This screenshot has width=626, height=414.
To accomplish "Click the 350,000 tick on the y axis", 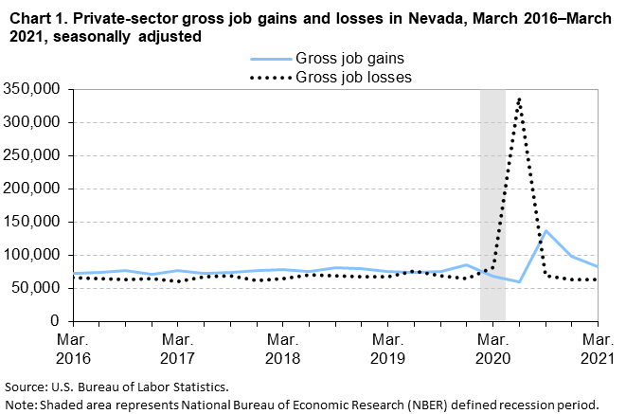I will (33, 89).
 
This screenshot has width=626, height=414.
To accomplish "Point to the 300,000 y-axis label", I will (33, 122).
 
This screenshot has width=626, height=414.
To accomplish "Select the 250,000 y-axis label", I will (33, 155).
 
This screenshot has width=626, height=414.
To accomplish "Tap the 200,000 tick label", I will (33, 189).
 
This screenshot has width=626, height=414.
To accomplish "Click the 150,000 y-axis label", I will (33, 222).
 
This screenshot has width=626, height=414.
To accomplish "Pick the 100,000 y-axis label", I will (33, 255).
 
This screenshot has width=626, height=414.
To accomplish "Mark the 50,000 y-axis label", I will (37, 288).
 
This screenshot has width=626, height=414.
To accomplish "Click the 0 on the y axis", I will (56, 321).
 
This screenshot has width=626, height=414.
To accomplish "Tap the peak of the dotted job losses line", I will (519, 98).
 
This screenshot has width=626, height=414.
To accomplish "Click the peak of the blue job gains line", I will (546, 230).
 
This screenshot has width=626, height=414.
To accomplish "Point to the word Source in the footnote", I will (27, 387).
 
